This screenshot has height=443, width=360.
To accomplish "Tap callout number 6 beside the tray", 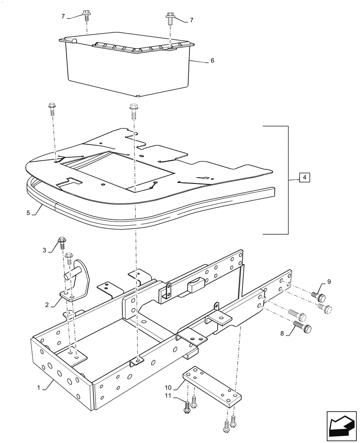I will [212, 60].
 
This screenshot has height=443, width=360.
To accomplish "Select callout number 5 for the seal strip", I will [28, 213].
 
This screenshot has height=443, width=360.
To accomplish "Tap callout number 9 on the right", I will [329, 282].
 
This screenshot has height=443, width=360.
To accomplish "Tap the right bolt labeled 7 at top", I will [170, 18].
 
